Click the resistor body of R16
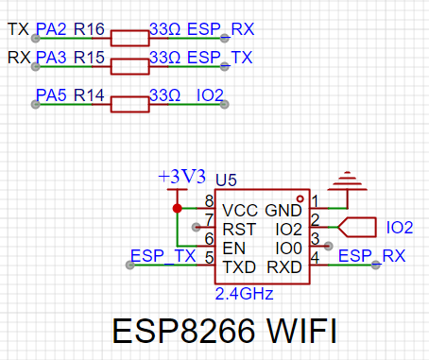click(129, 39)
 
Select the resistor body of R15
click(129, 67)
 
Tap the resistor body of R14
click(129, 104)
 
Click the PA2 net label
click(51, 29)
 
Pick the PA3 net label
click(51, 58)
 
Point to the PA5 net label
click(51, 95)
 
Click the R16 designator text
click(89, 29)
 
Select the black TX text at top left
click(18, 29)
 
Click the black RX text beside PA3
click(19, 58)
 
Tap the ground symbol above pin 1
click(348, 181)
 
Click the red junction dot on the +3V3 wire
click(178, 208)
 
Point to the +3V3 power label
click(182, 177)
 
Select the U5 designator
click(226, 180)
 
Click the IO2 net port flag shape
click(357, 227)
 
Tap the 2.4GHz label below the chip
click(244, 294)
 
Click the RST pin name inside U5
click(239, 230)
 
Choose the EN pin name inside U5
click(234, 249)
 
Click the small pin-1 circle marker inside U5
click(300, 198)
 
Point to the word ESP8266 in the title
click(183, 331)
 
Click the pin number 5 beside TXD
click(210, 258)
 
